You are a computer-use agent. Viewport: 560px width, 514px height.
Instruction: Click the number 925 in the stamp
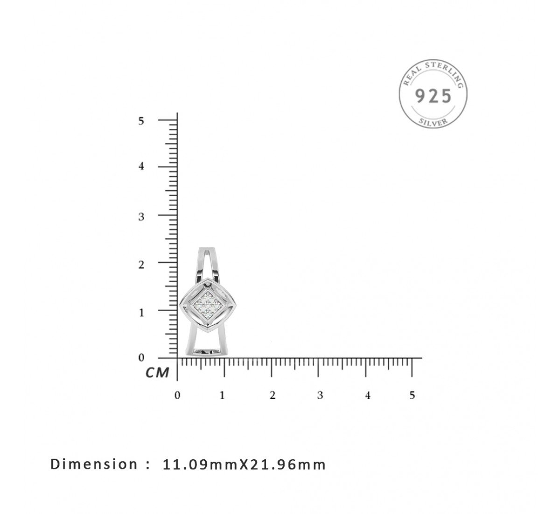tap(433, 96)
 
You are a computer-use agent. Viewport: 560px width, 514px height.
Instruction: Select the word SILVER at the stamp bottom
tap(433, 122)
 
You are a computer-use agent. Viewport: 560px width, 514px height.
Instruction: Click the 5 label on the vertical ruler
tap(141, 121)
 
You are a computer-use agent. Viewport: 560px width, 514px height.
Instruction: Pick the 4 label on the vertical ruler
tap(141, 166)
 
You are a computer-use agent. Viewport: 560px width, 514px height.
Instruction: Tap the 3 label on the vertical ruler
tap(141, 217)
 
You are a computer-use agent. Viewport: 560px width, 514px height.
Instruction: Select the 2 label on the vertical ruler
tap(141, 264)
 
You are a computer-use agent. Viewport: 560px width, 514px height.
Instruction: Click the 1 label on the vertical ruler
tap(141, 313)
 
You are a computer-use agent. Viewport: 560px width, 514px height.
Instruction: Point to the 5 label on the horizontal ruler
tap(412, 395)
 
